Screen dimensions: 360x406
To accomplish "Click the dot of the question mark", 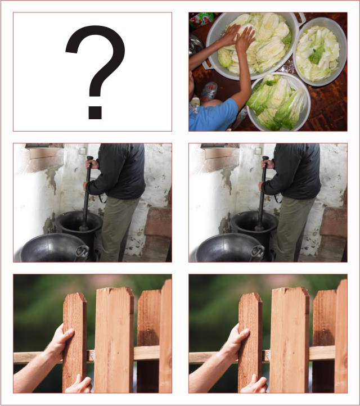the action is [x=95, y=112].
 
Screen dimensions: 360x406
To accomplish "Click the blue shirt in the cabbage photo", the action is [x=213, y=115].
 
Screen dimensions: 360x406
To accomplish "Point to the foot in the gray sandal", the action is [x=209, y=91].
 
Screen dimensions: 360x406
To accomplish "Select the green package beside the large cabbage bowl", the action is [x=201, y=20].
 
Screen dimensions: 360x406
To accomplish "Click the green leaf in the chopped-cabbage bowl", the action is [x=317, y=55].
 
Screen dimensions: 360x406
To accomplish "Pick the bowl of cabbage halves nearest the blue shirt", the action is [x=278, y=102].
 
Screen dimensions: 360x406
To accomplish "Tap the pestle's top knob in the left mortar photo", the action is [x=90, y=158].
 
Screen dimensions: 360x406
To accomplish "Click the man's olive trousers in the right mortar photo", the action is [x=292, y=228].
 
